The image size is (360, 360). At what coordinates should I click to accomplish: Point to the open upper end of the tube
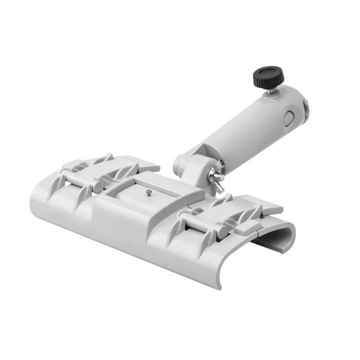tap(307, 106)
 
